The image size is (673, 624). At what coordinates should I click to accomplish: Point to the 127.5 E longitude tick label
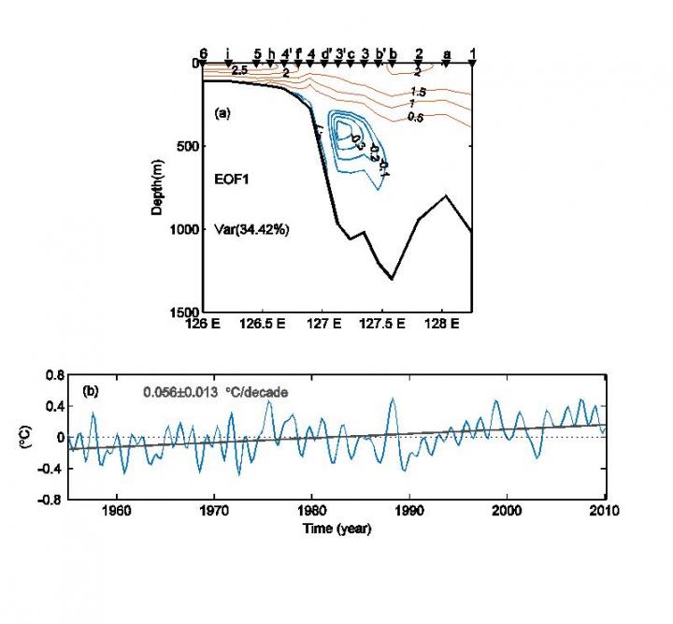[x=384, y=325]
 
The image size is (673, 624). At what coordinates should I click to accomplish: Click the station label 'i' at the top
[x=227, y=52]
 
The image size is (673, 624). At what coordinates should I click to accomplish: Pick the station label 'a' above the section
[x=447, y=52]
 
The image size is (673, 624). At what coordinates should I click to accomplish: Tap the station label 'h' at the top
[x=270, y=52]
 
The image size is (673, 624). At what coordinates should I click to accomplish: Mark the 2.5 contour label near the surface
[x=239, y=70]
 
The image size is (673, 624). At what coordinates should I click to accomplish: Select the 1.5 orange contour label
[x=417, y=92]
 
